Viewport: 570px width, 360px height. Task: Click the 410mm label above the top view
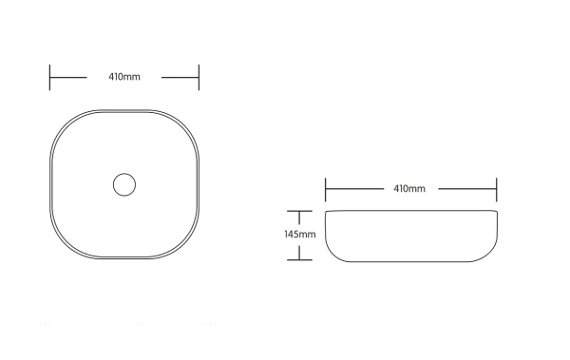pos(124,77)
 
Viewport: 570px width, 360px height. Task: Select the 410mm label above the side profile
pos(409,188)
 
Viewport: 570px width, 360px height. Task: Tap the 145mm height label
pos(300,235)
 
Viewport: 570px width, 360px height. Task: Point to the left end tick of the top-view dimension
pos(49,78)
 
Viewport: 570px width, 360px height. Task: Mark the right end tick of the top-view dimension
pos(199,78)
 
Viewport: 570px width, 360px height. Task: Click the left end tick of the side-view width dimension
pos(325,189)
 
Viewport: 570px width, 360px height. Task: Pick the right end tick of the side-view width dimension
pos(497,189)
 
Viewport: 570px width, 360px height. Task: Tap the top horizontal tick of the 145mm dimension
pos(299,211)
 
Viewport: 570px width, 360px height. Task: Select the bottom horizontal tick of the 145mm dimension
pos(299,260)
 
